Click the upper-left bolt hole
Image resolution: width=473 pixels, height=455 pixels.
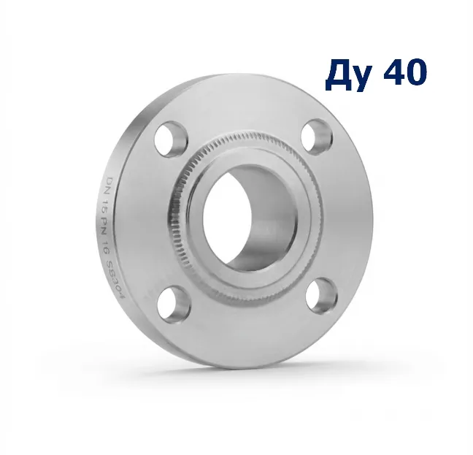[x=171, y=139]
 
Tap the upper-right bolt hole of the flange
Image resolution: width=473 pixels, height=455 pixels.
[x=317, y=137]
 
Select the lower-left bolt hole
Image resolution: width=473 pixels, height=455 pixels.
[x=174, y=303]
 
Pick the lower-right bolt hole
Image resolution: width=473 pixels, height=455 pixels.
[x=322, y=296]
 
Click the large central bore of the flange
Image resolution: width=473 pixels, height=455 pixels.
[x=250, y=218]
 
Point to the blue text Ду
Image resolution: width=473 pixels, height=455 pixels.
[x=347, y=74]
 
